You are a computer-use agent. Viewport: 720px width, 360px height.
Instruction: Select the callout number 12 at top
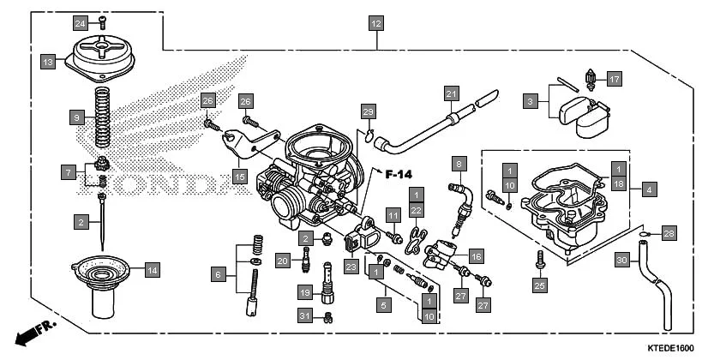375,23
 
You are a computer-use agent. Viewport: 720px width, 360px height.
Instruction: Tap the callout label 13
48,61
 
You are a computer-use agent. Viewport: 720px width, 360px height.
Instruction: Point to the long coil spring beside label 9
103,117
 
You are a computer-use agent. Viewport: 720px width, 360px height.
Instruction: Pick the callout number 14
151,270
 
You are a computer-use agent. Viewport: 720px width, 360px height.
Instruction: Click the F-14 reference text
399,175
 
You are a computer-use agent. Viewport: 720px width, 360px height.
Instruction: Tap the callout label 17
615,79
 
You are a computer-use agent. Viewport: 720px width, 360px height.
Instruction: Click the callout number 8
459,163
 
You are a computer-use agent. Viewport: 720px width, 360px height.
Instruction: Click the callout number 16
476,255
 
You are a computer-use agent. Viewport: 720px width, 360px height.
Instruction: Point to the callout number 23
351,267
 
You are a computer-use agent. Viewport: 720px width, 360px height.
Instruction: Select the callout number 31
303,316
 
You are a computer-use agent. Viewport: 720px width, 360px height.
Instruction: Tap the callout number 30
622,260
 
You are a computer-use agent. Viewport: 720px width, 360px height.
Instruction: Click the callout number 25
539,285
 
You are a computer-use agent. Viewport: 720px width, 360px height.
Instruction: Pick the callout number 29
368,111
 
